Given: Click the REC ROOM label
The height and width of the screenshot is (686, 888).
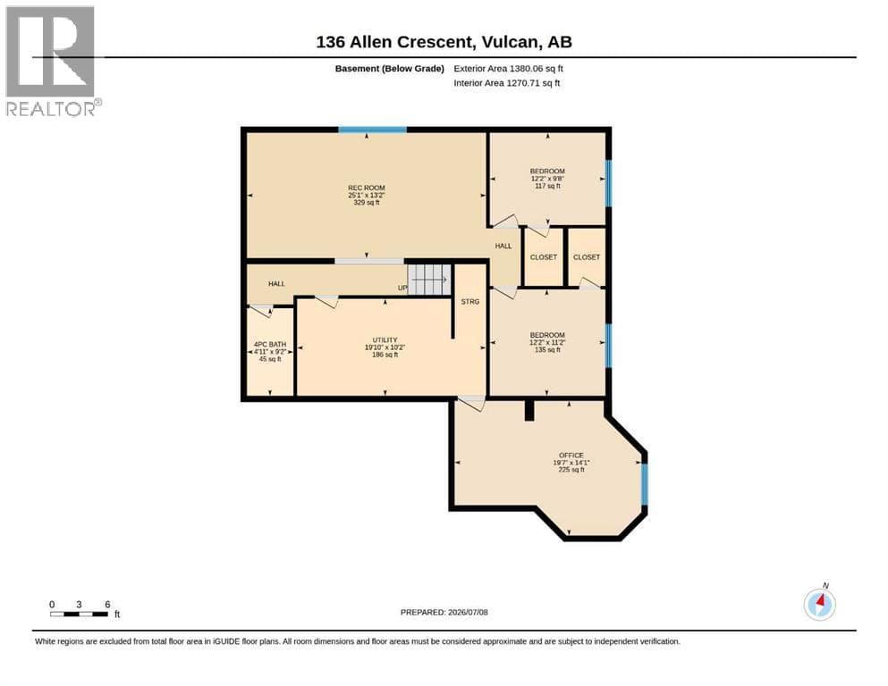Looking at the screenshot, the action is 367,188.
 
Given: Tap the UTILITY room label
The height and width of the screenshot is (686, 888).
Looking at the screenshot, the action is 385,340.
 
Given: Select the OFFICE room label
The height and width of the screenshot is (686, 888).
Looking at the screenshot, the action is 571,456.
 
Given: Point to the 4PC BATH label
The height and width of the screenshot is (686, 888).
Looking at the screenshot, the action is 270,345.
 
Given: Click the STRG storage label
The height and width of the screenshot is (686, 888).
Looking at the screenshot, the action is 470,302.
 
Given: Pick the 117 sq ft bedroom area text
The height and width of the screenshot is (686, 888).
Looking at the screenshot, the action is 547,186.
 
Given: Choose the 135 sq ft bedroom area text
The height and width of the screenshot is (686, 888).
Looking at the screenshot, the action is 547,350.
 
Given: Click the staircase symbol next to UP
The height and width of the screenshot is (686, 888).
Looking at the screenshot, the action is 430,280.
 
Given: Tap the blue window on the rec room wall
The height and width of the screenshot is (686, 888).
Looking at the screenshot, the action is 373,130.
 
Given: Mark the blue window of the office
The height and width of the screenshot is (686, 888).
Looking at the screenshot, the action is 644,484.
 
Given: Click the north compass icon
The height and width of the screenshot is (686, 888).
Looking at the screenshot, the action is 819,604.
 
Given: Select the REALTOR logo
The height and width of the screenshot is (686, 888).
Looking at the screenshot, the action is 53,61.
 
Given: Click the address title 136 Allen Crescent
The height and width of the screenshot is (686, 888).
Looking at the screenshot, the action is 393,42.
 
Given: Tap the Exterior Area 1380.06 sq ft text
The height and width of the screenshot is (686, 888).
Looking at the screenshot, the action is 508,69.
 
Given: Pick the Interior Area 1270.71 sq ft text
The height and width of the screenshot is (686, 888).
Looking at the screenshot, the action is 507,83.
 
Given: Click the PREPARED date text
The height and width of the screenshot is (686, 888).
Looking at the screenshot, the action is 444,612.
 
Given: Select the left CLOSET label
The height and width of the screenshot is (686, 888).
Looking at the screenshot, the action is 544,257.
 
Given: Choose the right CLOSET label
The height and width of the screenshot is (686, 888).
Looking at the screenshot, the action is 587,257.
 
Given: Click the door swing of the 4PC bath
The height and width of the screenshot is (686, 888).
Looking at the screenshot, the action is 261,311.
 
